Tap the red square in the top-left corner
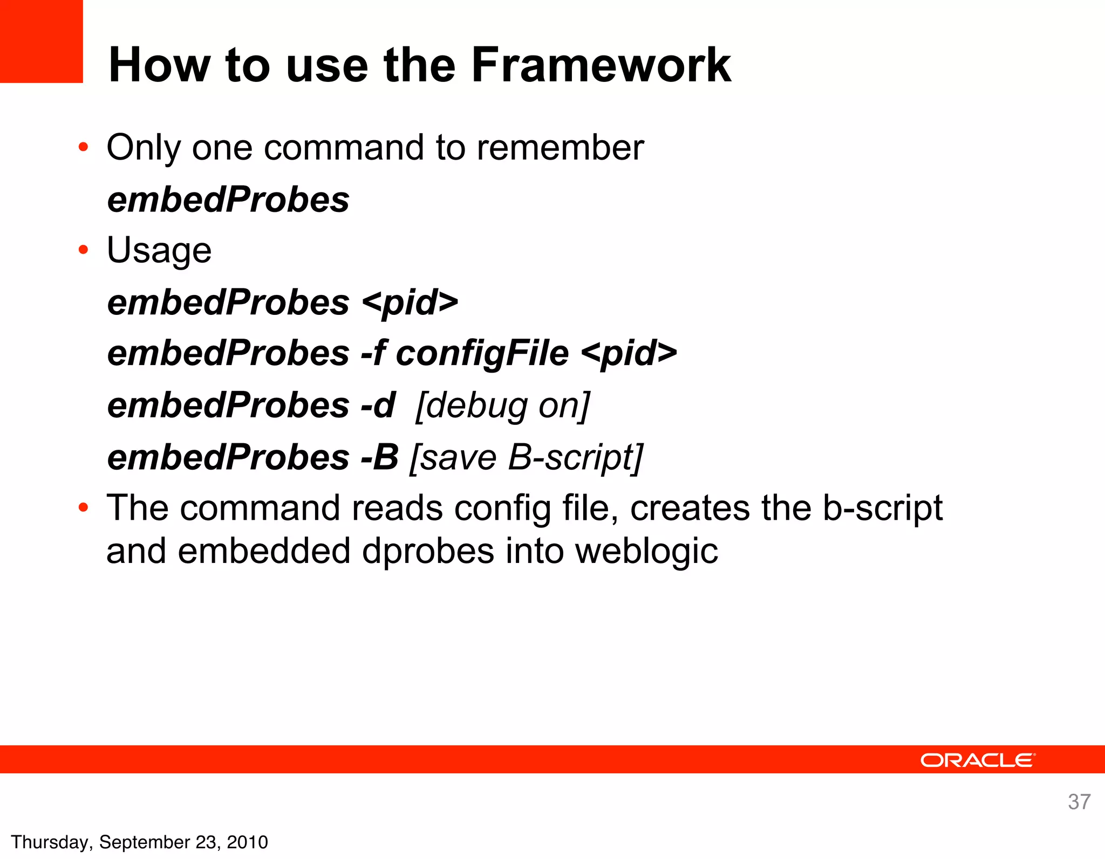tap(41, 41)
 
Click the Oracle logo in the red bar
tap(978, 760)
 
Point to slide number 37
tap(1079, 802)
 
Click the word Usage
tap(159, 251)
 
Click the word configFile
tap(482, 354)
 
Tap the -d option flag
tap(378, 406)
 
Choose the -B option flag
tap(379, 457)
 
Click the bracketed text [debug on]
tap(503, 406)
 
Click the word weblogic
tap(646, 551)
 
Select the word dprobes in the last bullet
tap(428, 551)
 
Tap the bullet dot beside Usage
tap(83, 250)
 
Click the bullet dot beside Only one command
tap(83, 147)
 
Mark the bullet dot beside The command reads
tap(83, 507)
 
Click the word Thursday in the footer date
tap(51, 842)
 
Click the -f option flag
tap(373, 354)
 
